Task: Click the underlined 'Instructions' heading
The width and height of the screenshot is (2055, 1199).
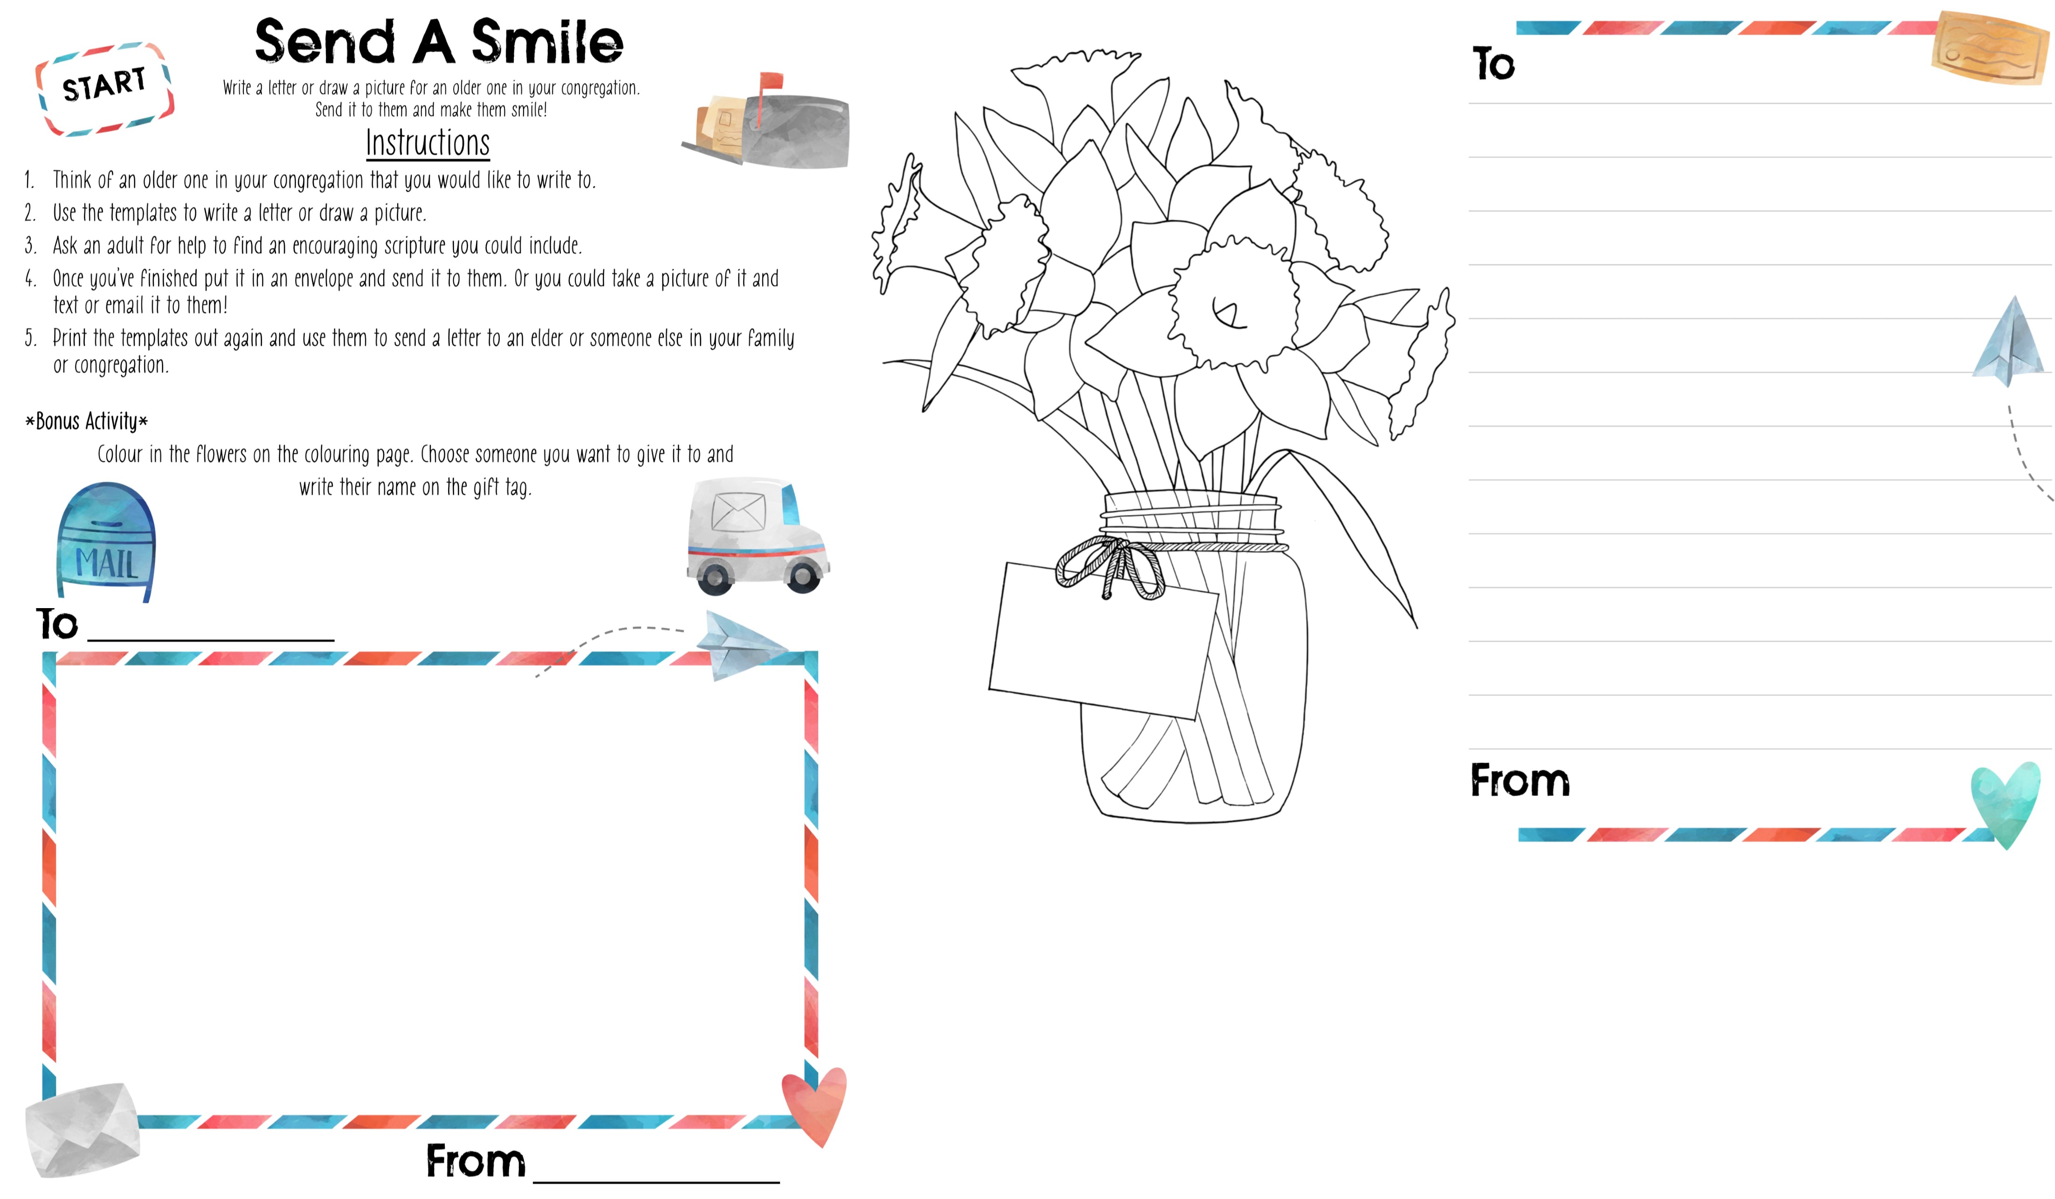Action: (x=428, y=144)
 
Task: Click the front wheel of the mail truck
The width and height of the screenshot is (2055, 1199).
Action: (x=802, y=576)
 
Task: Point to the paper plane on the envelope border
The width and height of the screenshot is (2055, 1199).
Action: (x=738, y=644)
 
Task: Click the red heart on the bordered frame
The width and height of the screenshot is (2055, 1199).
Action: (x=814, y=1104)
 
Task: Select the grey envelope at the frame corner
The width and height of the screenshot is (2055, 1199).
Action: (x=82, y=1129)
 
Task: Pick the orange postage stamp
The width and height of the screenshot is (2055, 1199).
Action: (x=1990, y=47)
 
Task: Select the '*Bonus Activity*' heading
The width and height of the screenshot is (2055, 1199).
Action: (x=86, y=421)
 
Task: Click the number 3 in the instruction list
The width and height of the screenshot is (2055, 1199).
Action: (x=30, y=245)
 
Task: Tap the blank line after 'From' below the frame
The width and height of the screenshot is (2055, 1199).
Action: (x=656, y=1174)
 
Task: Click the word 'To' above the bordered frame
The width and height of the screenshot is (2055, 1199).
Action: (x=57, y=624)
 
